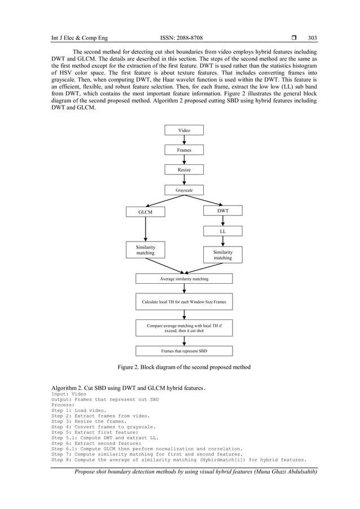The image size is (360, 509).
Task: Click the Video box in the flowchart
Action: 184,130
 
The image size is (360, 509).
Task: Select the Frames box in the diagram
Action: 184,150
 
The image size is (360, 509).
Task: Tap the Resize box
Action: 184,170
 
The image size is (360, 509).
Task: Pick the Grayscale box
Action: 184,191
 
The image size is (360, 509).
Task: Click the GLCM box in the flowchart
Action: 146,212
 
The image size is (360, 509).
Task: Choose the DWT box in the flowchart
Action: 222,210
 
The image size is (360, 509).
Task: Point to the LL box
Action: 222,231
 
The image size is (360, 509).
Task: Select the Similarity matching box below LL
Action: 222,254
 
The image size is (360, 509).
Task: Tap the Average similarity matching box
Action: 184,279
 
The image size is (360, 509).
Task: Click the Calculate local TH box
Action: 184,302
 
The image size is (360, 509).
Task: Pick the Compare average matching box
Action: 184,328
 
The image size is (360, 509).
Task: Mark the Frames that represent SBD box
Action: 184,351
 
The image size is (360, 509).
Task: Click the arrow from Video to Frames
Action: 185,141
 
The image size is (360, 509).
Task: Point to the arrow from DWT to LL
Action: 222,221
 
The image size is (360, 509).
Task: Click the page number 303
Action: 312,38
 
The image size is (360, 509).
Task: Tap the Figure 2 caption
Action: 184,367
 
